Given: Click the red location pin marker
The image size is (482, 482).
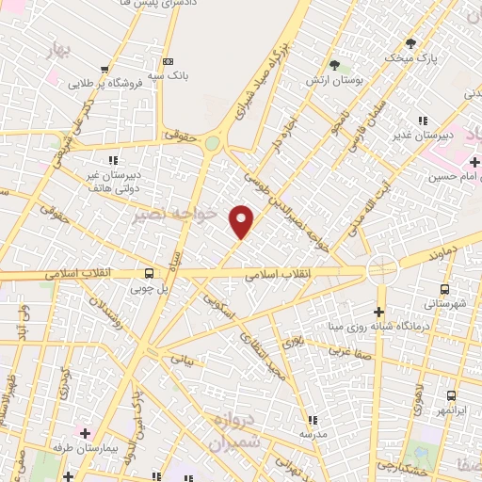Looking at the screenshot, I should [x=242, y=221].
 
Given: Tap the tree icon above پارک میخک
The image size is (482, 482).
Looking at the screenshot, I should [x=410, y=43].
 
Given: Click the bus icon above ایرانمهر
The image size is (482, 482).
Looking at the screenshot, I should [x=451, y=396].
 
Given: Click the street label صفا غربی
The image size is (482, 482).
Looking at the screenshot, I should [x=346, y=350].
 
